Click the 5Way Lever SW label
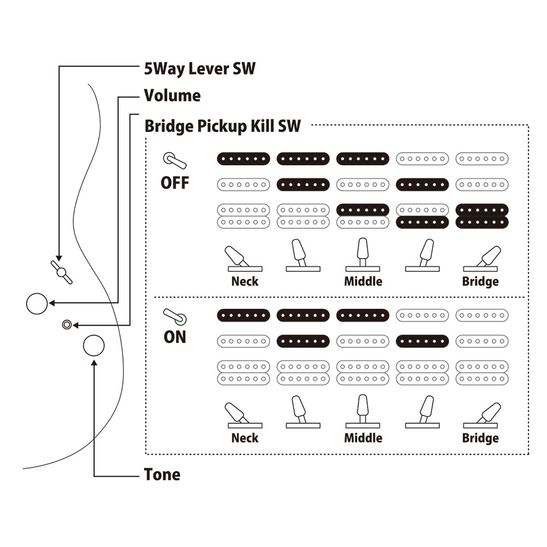click(x=200, y=69)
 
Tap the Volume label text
click(x=172, y=96)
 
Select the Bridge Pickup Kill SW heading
click(x=223, y=126)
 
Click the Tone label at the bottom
click(x=162, y=474)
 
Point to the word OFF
click(x=175, y=183)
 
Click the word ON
click(x=175, y=337)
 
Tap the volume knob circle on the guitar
click(x=38, y=304)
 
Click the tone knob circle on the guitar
click(x=94, y=345)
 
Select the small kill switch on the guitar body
click(x=66, y=324)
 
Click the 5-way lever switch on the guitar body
click(x=61, y=272)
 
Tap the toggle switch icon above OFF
click(x=174, y=161)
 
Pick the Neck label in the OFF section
click(x=245, y=282)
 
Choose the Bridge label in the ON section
click(x=480, y=438)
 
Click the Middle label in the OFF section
click(x=363, y=282)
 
